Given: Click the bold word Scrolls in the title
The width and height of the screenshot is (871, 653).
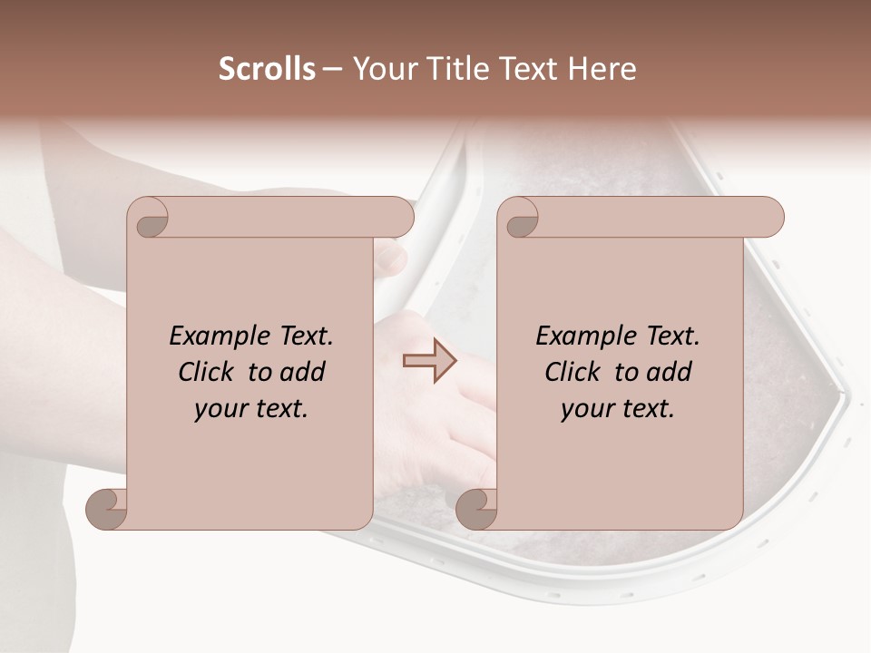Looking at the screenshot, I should click(267, 69).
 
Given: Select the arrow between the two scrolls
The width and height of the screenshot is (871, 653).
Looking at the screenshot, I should click(430, 360).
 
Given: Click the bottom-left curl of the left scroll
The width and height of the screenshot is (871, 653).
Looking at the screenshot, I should click(107, 508).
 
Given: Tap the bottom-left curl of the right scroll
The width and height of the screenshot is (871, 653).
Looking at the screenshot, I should click(476, 508).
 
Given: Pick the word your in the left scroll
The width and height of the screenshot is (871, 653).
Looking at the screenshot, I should click(219, 409).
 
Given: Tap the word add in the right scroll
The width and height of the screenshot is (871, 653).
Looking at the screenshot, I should click(669, 372).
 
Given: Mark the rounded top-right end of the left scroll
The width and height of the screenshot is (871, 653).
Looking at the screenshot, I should click(399, 218).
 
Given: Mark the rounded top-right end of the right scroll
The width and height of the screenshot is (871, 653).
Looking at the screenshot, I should click(769, 218).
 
